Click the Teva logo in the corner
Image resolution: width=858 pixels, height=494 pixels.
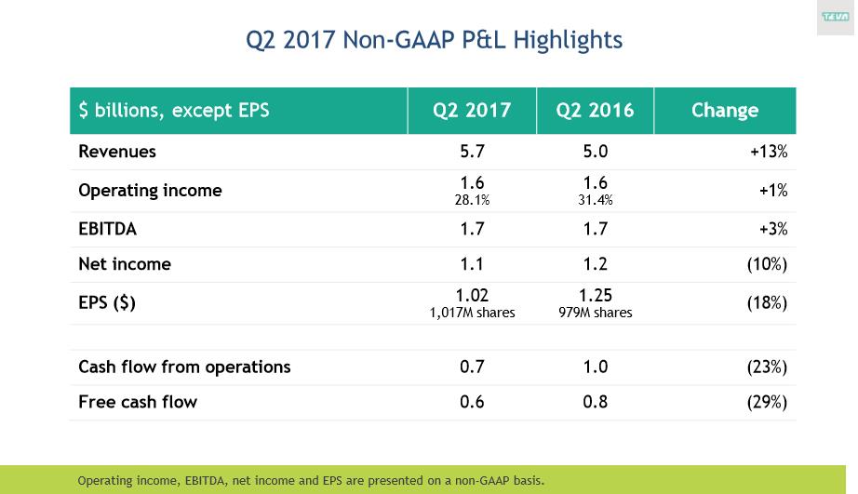835,17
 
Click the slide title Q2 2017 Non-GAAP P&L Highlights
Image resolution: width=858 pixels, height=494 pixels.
434,40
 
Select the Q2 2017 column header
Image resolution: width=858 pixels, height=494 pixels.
472,111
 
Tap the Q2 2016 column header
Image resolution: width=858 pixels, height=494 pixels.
595,111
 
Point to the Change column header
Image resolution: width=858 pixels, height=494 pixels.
724,111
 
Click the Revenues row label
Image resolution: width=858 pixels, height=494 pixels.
117,152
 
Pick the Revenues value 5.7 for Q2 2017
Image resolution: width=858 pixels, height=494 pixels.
472,152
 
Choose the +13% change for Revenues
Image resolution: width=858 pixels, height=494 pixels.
769,152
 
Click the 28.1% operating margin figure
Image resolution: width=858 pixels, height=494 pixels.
472,200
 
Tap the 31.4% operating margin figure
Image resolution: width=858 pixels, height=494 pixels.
595,200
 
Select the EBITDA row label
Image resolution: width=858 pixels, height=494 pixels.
107,229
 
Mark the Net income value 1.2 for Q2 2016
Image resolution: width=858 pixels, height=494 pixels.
595,264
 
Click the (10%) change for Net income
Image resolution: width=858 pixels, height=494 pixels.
767,264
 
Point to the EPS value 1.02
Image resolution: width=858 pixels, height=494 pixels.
472,297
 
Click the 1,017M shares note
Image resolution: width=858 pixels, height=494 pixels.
472,314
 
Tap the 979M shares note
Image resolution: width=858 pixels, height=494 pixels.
595,314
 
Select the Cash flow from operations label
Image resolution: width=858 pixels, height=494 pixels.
184,367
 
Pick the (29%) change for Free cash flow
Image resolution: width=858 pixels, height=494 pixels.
767,403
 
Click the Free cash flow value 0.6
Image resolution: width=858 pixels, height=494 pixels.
472,403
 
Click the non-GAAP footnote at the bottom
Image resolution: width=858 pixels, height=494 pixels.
311,481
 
